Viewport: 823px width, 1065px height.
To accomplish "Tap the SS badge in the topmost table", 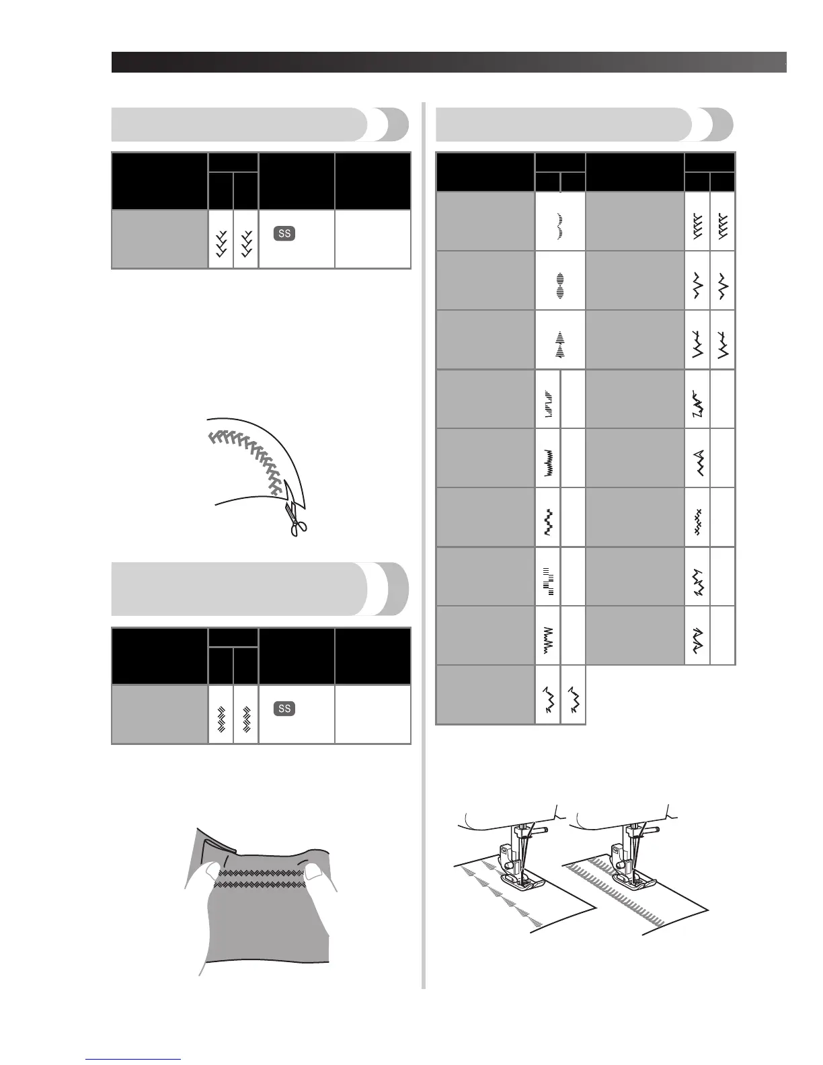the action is (284, 233).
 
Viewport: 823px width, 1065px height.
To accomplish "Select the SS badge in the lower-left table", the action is (284, 709).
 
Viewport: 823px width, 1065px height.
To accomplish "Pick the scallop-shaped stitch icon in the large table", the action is (560, 222).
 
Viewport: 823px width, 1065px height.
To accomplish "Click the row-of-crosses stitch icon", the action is (697, 517).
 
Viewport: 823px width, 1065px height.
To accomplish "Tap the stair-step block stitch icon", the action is (548, 576).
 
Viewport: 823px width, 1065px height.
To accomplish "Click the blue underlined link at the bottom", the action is (134, 1060).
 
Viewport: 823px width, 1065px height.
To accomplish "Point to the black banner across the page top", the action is (448, 62).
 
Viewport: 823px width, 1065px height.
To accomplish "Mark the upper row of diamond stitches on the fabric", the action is (262, 873).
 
